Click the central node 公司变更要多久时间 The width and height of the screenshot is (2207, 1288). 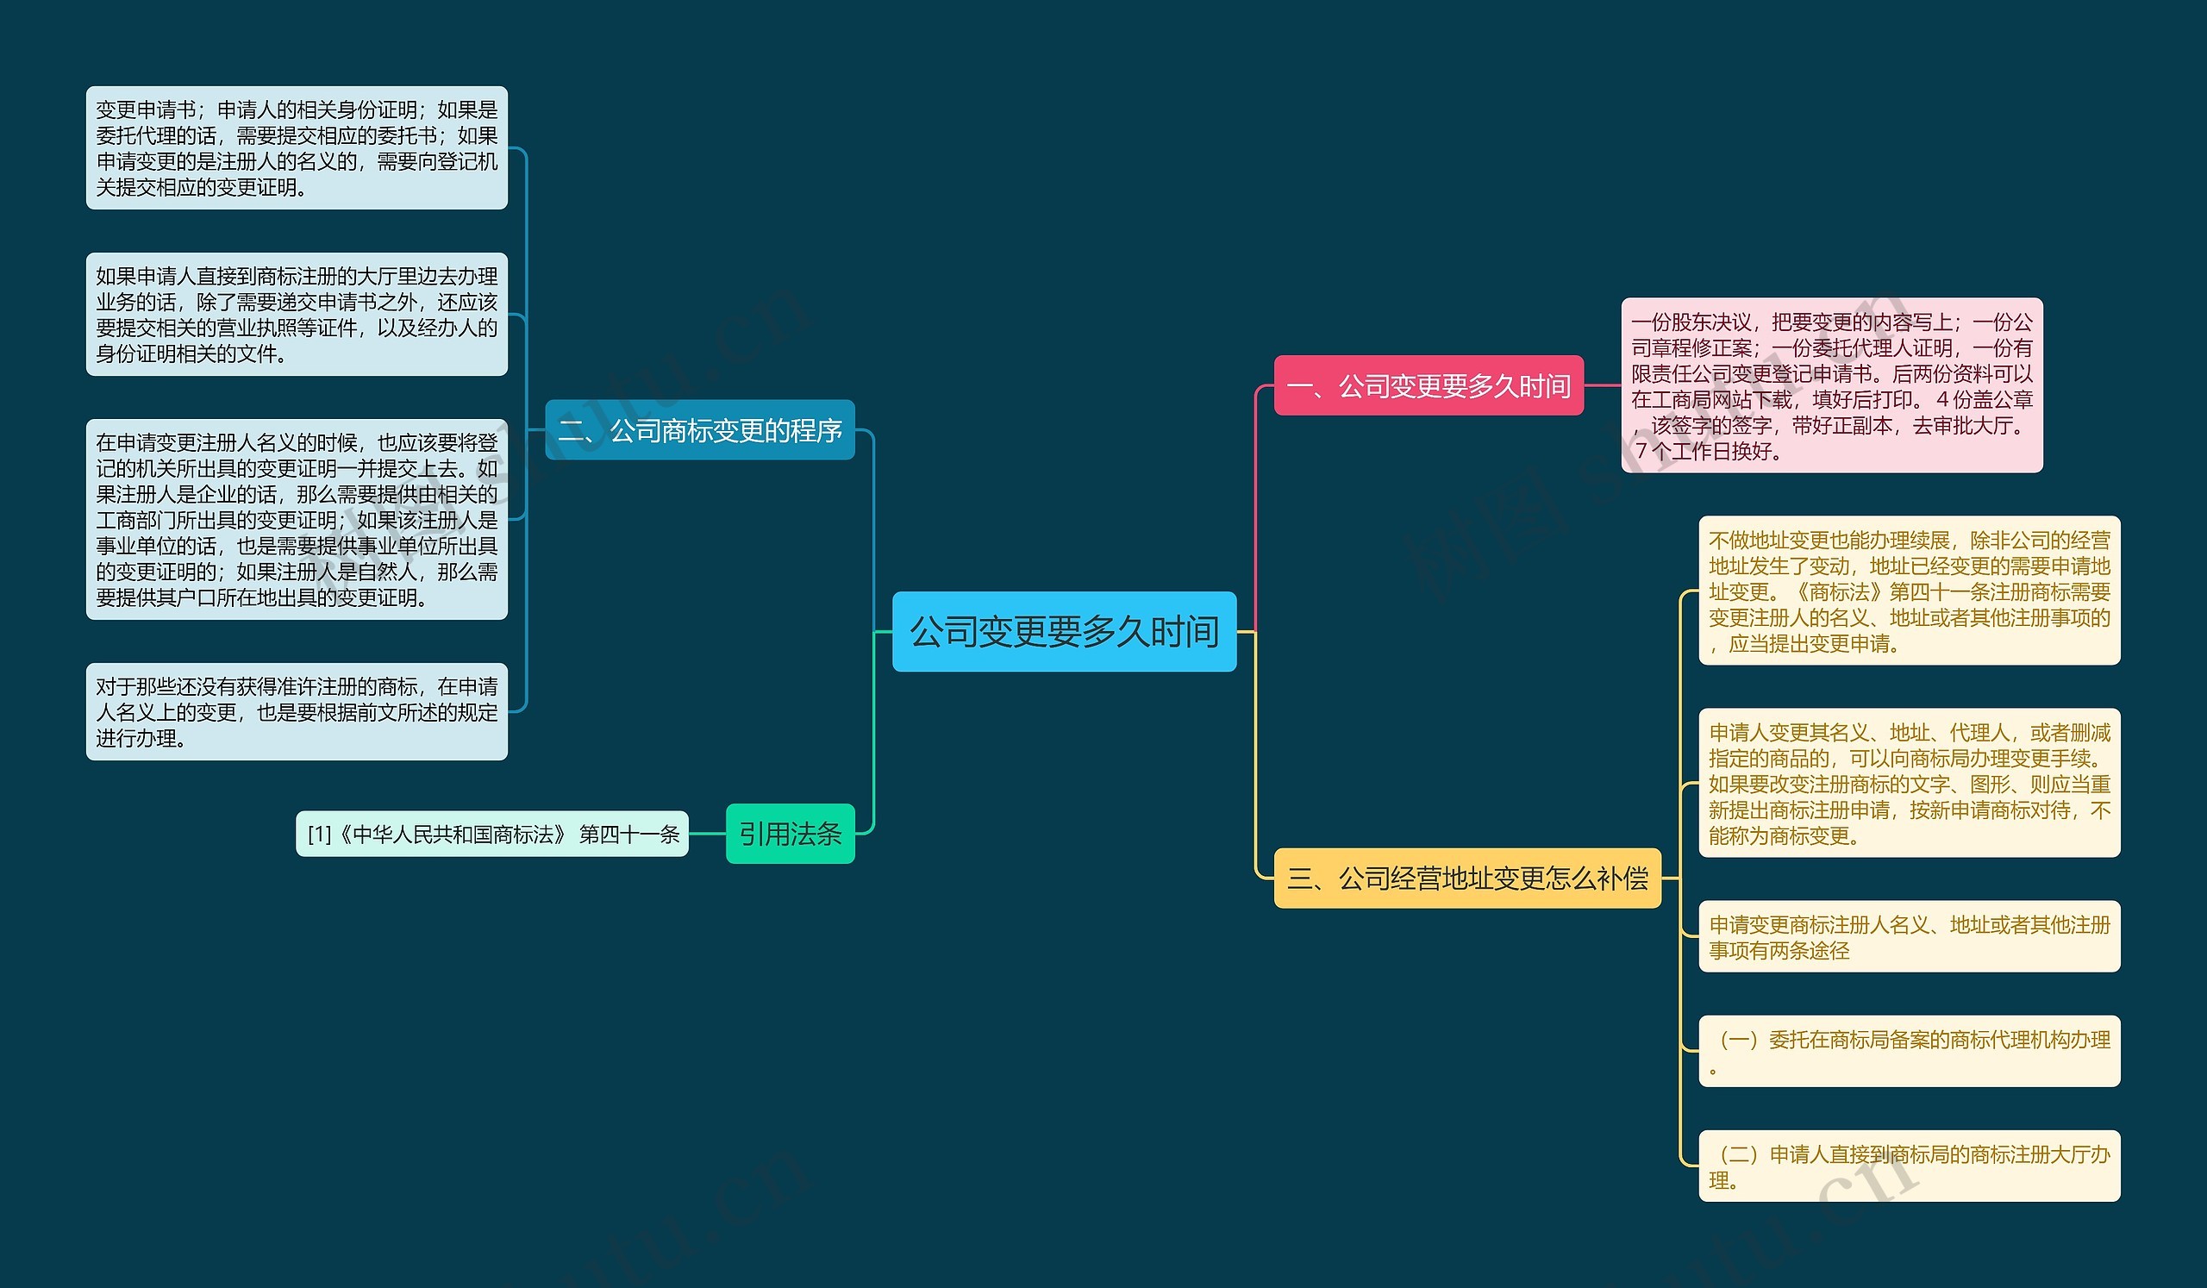click(x=1063, y=631)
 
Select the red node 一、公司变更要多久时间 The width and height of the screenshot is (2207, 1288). click(x=1428, y=385)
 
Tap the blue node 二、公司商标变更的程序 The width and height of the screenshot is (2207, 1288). click(x=699, y=430)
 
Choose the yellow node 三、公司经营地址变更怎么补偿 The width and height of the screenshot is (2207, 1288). click(x=1467, y=878)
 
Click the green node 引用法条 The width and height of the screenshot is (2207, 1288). click(x=789, y=834)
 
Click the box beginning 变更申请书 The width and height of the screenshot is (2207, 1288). click(x=296, y=147)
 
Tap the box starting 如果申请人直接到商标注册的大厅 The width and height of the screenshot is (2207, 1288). click(x=296, y=315)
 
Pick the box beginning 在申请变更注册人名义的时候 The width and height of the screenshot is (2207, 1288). click(x=296, y=519)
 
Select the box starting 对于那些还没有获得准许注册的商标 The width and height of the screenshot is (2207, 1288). click(x=296, y=711)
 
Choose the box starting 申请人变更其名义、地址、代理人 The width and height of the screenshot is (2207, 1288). click(x=1909, y=783)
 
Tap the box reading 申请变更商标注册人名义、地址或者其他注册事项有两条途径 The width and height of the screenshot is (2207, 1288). click(x=1909, y=936)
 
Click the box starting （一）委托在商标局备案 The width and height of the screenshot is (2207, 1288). click(x=1909, y=1051)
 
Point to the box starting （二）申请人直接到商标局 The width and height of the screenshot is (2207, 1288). click(x=1909, y=1166)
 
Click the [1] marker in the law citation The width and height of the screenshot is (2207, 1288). click(x=319, y=835)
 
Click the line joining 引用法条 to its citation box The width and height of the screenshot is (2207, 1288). click(x=707, y=834)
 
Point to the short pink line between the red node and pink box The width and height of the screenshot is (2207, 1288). click(x=1602, y=385)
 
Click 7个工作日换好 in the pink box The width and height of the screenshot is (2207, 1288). click(x=1708, y=452)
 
